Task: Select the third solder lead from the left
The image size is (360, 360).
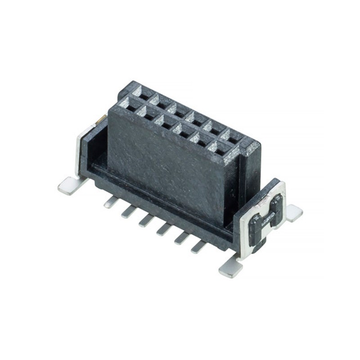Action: [146, 220]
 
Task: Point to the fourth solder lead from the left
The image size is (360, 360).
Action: [163, 229]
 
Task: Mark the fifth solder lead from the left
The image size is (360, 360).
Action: [181, 238]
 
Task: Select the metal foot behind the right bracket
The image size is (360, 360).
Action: [294, 213]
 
